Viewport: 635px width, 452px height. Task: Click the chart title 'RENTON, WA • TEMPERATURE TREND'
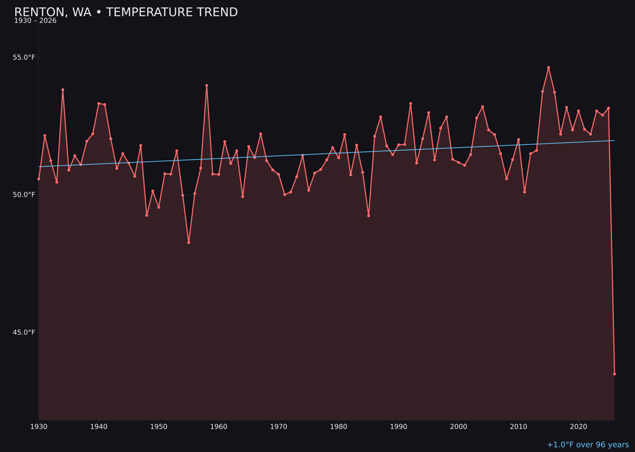pyautogui.click(x=126, y=12)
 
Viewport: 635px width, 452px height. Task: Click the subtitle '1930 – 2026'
pyautogui.click(x=35, y=21)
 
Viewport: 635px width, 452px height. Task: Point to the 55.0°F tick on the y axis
pyautogui.click(x=24, y=58)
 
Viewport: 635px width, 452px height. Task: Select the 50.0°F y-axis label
pyautogui.click(x=24, y=195)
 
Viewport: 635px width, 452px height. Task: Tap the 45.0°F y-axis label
pyautogui.click(x=24, y=333)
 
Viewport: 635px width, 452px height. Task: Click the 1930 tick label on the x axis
pyautogui.click(x=39, y=427)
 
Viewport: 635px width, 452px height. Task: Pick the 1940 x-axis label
pyautogui.click(x=99, y=427)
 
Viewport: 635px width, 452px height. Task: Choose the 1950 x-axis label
pyautogui.click(x=159, y=427)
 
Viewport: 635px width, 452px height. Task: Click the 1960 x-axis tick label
pyautogui.click(x=219, y=427)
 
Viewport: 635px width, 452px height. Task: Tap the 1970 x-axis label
pyautogui.click(x=279, y=427)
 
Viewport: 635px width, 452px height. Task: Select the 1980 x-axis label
pyautogui.click(x=339, y=427)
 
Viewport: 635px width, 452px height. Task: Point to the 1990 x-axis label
pyautogui.click(x=399, y=427)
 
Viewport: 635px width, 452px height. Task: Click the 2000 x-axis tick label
pyautogui.click(x=459, y=427)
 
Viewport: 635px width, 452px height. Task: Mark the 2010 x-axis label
pyautogui.click(x=519, y=427)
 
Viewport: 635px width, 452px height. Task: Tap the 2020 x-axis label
pyautogui.click(x=579, y=427)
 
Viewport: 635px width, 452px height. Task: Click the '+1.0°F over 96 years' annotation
pyautogui.click(x=587, y=445)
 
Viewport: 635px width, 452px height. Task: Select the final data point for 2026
pyautogui.click(x=614, y=374)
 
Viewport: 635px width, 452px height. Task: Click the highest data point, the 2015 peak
pyautogui.click(x=549, y=68)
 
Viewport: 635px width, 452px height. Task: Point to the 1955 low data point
pyautogui.click(x=189, y=242)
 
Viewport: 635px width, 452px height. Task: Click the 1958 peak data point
pyautogui.click(x=206, y=85)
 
